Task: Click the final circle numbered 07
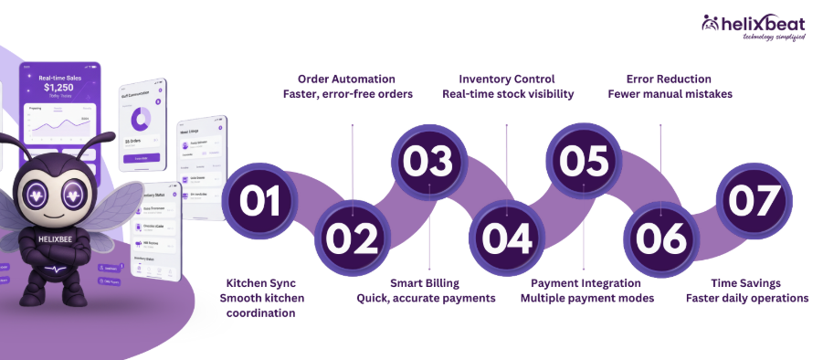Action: point(754,200)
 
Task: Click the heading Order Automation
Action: point(353,79)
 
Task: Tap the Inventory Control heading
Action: point(507,79)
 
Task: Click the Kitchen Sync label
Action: point(259,282)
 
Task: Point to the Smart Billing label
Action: point(425,282)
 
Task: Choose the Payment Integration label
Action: point(586,282)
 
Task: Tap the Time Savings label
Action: point(747,282)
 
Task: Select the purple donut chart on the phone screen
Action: point(141,119)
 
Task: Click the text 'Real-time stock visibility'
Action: point(508,94)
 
